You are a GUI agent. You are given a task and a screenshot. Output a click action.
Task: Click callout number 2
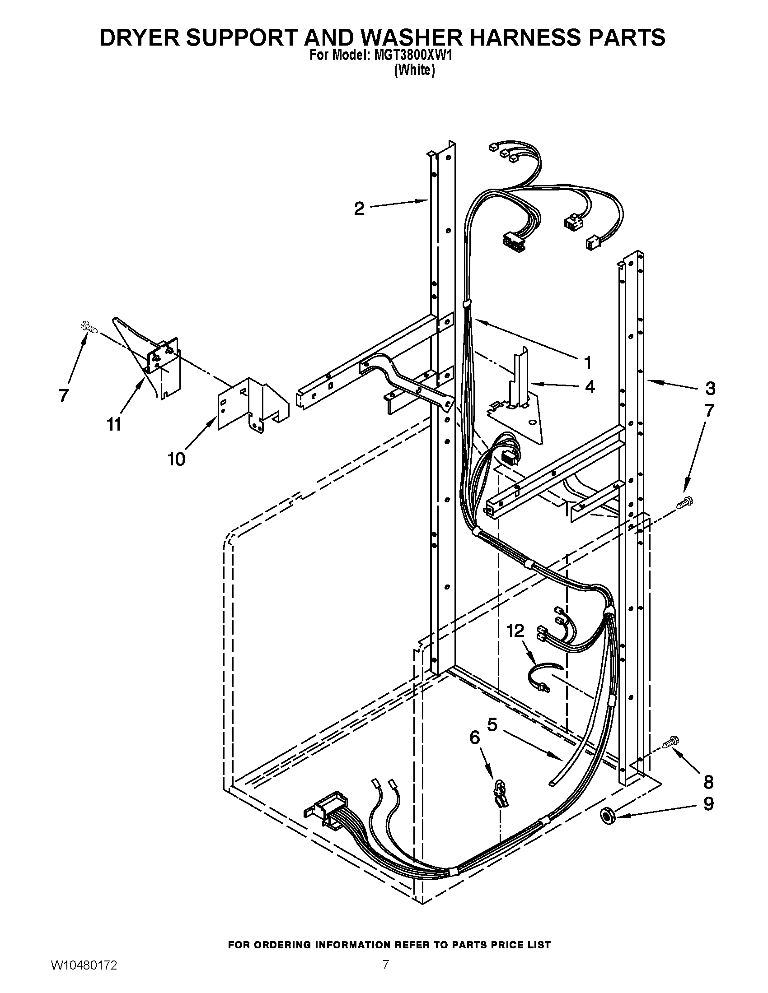(x=359, y=209)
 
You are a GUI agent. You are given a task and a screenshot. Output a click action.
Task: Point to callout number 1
(x=588, y=363)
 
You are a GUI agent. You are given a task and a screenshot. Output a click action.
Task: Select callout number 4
(x=590, y=387)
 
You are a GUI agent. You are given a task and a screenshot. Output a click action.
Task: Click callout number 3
(x=710, y=388)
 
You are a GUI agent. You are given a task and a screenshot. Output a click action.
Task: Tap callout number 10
(x=177, y=459)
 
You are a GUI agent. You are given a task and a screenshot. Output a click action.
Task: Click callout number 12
(x=515, y=631)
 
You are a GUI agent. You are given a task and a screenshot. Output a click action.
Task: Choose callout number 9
(x=708, y=804)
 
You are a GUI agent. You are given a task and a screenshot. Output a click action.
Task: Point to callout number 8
(x=708, y=782)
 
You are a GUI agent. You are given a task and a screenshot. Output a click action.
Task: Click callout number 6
(x=474, y=738)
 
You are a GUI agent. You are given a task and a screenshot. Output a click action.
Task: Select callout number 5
(x=492, y=724)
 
